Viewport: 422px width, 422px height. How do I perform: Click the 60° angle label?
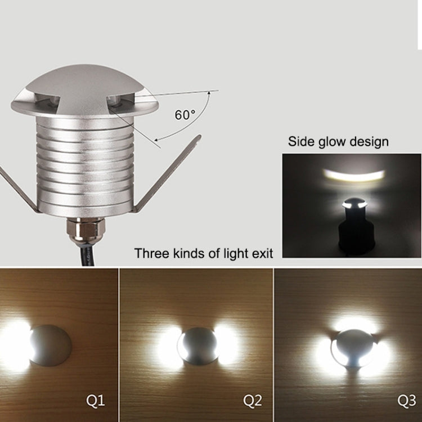pos(185,115)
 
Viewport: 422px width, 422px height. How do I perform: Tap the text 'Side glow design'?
pos(338,141)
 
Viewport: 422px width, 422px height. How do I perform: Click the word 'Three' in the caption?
pos(151,254)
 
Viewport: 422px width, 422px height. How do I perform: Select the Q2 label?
pos(253,401)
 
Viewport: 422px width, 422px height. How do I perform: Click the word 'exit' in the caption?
pos(262,254)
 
